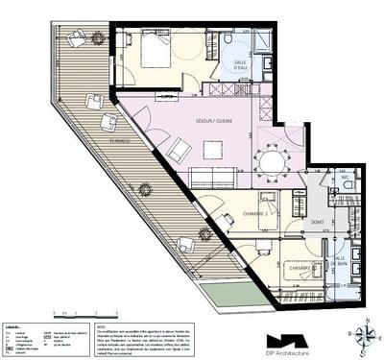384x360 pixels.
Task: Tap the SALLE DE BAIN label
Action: coord(341,262)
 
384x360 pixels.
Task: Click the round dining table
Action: coord(273,157)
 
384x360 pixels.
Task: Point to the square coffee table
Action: coord(213,149)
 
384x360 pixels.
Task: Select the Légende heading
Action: coord(13,326)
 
